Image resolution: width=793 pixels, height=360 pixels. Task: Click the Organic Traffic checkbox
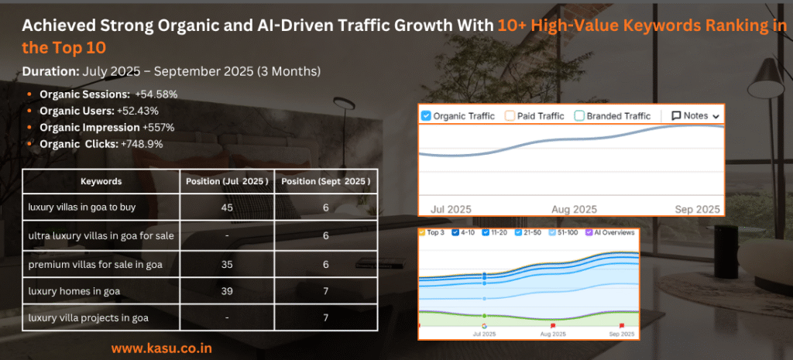(426, 116)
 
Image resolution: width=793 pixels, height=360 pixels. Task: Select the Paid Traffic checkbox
(510, 116)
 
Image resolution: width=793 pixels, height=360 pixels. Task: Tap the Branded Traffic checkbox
(579, 116)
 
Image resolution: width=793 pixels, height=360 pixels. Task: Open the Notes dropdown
(695, 115)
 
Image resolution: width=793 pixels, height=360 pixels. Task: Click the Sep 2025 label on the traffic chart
(697, 209)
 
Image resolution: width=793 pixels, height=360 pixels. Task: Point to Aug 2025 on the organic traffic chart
(574, 209)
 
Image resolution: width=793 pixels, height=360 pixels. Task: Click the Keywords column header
(101, 181)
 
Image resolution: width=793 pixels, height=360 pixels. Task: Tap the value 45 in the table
(226, 207)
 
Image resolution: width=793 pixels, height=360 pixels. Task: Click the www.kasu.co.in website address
(160, 348)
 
